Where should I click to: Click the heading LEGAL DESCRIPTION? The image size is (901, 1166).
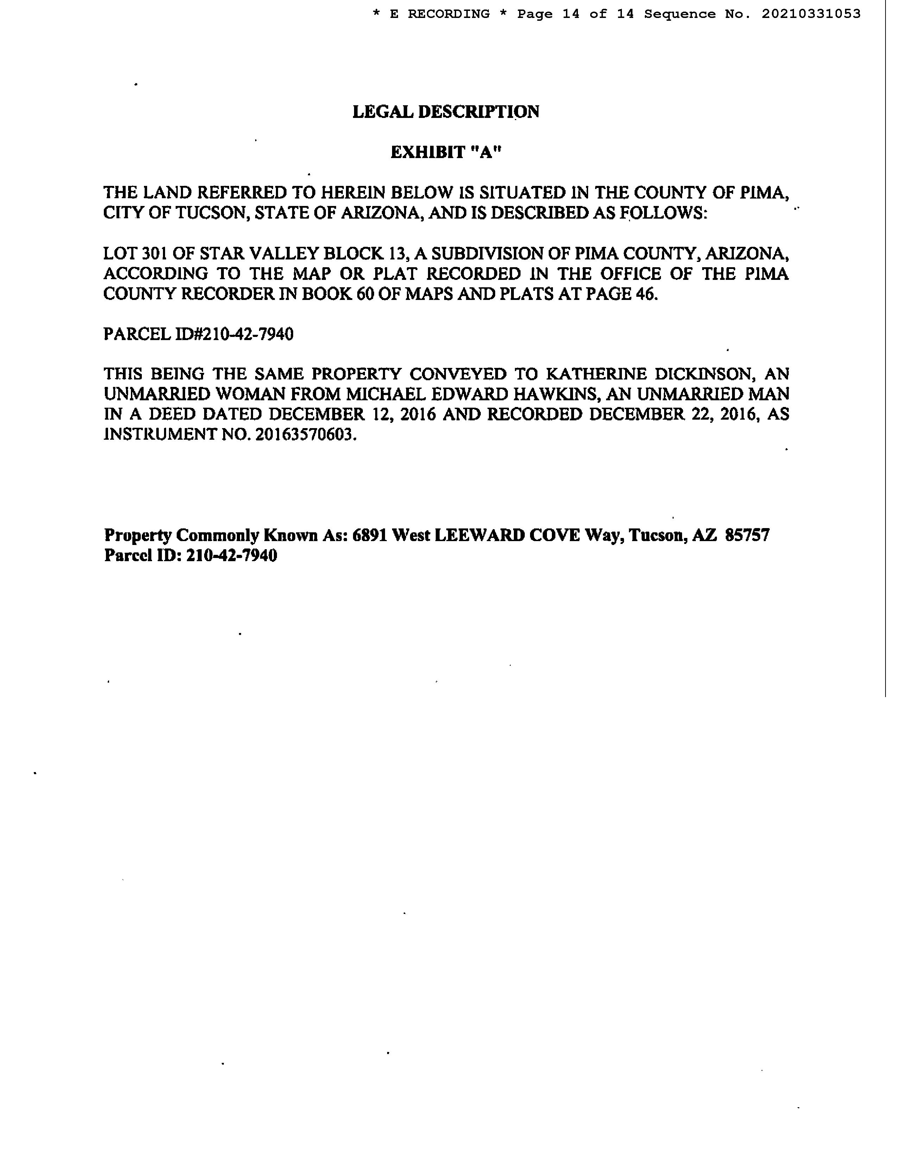tap(446, 112)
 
